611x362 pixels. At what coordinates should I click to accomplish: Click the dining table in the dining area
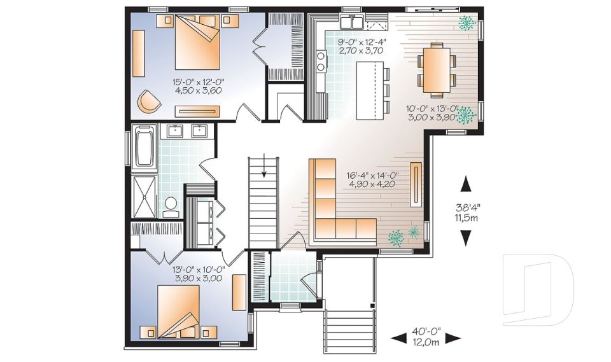[436, 70]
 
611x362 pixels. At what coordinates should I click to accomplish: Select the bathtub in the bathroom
[144, 146]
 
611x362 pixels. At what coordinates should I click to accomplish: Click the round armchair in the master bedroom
[148, 101]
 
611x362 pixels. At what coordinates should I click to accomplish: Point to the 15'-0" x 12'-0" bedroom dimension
[199, 82]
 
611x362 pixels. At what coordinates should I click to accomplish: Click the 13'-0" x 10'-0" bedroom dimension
[199, 270]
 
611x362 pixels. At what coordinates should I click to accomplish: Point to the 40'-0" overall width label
[426, 332]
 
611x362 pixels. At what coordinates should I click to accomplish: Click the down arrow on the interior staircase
[264, 165]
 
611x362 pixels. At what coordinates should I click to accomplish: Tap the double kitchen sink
[352, 22]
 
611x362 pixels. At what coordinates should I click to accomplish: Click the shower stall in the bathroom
[144, 197]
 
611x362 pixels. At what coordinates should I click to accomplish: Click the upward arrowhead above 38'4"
[466, 184]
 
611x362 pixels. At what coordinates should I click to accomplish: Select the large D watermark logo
[538, 289]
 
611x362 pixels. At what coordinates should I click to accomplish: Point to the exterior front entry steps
[349, 331]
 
